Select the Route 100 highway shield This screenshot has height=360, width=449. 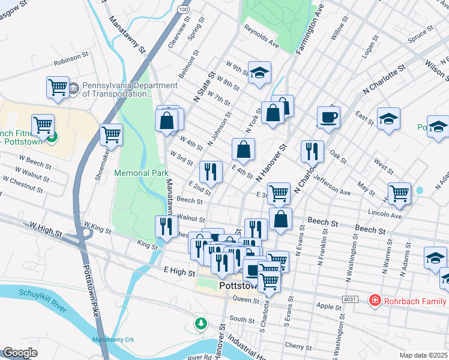182,11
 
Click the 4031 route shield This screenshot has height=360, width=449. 351,299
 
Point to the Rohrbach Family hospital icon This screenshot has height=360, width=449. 375,299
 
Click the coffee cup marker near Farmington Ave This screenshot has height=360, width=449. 328,118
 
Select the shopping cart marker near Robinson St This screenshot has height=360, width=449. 58,87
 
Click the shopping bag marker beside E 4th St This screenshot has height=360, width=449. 243,150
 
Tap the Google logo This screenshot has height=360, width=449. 20,353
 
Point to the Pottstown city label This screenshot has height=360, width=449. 238,287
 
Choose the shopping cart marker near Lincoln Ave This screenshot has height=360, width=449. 399,194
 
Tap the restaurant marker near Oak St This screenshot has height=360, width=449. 312,152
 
